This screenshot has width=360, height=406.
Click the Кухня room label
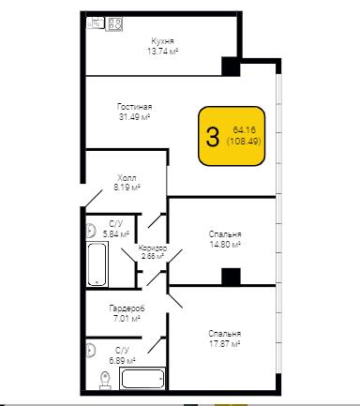point(162,41)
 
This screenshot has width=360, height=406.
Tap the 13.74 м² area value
point(162,51)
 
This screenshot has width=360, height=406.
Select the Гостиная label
point(135,107)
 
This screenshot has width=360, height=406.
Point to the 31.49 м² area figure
point(135,117)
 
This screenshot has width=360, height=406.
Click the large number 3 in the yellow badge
point(213,137)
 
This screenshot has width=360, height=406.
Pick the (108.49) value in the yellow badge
point(244,142)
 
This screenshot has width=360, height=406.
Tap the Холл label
point(127,178)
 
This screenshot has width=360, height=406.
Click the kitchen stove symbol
point(113,23)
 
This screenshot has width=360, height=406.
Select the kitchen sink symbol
point(95,23)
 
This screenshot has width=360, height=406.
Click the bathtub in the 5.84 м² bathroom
point(97,264)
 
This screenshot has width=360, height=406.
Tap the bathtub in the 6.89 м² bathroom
point(142,379)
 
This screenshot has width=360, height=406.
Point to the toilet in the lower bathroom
point(105,381)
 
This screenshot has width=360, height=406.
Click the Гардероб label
point(127,308)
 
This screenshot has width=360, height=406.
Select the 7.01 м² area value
point(126,319)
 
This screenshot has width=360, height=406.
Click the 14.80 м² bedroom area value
point(225,244)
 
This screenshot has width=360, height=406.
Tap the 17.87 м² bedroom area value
point(224,344)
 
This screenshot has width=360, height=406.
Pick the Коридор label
point(153,248)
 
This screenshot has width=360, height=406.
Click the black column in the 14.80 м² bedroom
point(231,277)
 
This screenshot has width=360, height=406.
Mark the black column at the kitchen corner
point(231,67)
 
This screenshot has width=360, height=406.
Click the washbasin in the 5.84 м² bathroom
point(90,231)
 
